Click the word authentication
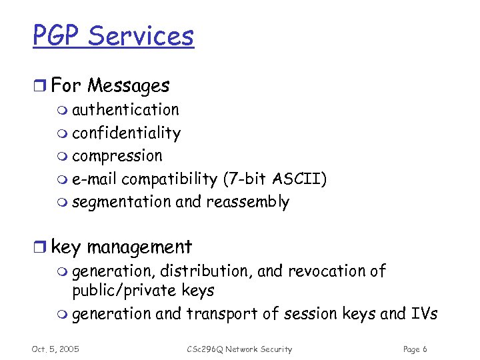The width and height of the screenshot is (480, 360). [x=125, y=109]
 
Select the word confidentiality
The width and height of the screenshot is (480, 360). [x=126, y=133]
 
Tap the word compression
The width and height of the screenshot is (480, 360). [x=117, y=156]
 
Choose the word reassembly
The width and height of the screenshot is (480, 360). [x=248, y=202]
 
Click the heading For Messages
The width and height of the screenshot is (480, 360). [x=110, y=85]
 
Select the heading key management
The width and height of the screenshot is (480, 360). [x=121, y=247]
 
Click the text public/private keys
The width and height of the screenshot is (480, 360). [x=143, y=291]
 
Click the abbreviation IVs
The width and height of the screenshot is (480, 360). [x=423, y=314]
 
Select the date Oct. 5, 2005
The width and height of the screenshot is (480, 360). [x=55, y=349]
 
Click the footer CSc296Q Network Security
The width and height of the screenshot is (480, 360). [x=239, y=349]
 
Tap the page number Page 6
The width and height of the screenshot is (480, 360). [x=415, y=349]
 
